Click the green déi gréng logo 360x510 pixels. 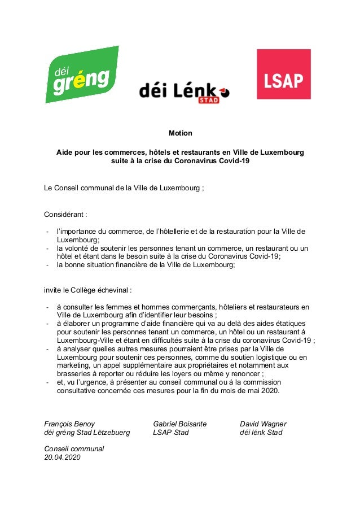[x=82, y=75]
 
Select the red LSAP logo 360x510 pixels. [x=283, y=75]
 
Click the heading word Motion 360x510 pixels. [x=181, y=133]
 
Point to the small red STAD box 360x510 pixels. [x=209, y=100]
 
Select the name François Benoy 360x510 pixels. [x=69, y=424]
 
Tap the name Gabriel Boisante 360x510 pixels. [x=179, y=424]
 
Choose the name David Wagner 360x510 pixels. [x=263, y=424]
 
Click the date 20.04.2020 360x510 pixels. [x=62, y=457]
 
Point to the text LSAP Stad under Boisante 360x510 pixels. [x=171, y=433]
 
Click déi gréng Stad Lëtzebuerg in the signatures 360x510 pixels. [x=87, y=433]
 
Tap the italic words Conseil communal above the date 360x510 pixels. [x=74, y=449]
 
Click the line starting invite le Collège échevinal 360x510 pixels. [x=88, y=290]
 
